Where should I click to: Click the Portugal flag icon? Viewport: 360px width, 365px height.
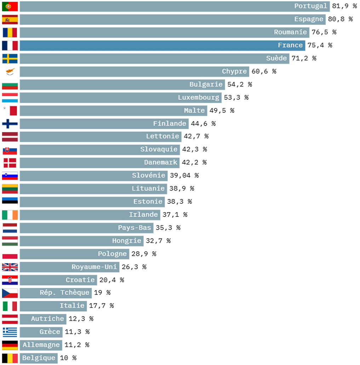(10, 6)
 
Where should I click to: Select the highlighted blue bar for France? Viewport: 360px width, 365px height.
(162, 45)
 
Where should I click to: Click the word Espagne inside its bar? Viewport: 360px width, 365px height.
(309, 19)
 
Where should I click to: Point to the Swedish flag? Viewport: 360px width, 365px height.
(10, 58)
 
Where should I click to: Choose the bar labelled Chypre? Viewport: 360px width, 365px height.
(134, 71)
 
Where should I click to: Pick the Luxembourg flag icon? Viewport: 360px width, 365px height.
(10, 98)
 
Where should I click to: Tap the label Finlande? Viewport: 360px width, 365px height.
(170, 123)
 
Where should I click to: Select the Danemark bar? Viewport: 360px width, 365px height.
(99, 163)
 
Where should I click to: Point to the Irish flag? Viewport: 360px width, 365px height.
(10, 215)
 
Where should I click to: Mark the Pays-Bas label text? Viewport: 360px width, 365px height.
(135, 228)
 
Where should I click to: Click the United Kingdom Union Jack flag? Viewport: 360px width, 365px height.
(10, 267)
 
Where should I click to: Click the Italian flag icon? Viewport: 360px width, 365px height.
(10, 306)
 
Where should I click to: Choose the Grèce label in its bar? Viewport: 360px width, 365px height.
(50, 332)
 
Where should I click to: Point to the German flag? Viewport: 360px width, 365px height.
(10, 345)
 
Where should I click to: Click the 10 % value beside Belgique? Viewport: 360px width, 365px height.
(68, 358)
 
